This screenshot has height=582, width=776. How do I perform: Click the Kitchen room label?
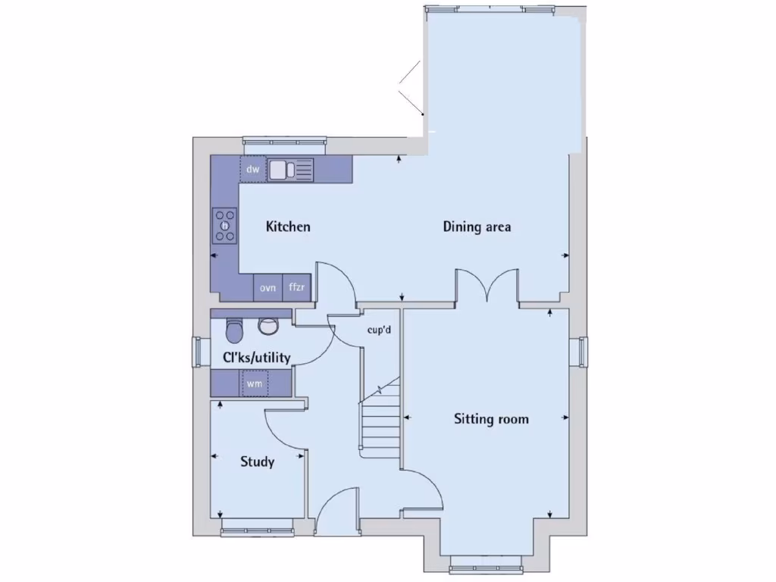coord(288,227)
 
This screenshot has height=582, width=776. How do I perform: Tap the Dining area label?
coord(477,227)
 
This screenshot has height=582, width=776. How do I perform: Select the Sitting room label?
coord(491,418)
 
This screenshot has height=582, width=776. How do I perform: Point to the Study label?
coord(257,462)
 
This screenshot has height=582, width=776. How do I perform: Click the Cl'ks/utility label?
coord(255,357)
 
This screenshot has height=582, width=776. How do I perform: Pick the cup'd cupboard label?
coord(378,330)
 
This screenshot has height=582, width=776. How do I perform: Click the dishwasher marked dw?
coord(253,170)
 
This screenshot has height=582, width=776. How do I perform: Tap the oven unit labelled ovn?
coord(268,288)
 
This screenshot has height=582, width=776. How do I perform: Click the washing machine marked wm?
coord(254,384)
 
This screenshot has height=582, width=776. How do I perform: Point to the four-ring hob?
coord(225,224)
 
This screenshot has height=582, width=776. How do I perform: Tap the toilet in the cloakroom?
coord(235,330)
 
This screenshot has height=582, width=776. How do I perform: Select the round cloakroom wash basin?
coord(268,325)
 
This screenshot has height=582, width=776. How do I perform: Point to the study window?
coord(257,522)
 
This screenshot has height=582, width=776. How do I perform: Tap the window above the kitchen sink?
coord(283,141)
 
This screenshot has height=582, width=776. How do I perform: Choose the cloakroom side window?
coord(199,352)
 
